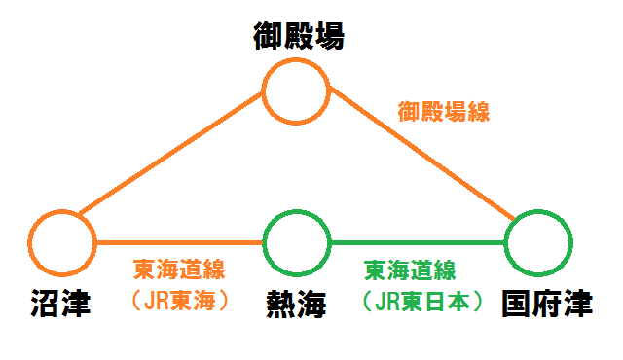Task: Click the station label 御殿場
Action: tap(299, 36)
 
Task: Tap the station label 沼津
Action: tap(60, 304)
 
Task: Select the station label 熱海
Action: tap(296, 304)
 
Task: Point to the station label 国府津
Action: tap(547, 304)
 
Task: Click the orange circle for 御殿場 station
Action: tap(296, 58)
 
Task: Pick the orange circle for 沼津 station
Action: tap(62, 210)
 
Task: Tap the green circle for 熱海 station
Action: tap(296, 210)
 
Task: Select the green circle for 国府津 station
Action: tap(538, 210)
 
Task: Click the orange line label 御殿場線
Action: tap(444, 111)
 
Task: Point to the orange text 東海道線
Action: tap(179, 270)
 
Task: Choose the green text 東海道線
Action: tap(410, 270)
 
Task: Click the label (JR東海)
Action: tap(179, 301)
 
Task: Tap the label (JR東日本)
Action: tap(421, 302)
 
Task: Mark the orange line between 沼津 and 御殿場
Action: tap(171, 153)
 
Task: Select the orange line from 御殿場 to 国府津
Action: tap(421, 153)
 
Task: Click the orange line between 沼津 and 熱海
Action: tap(179, 242)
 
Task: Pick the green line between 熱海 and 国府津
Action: tap(418, 242)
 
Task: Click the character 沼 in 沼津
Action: tap(46, 304)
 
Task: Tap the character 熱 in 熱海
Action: tap(280, 304)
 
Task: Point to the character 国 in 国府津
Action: tap(516, 304)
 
